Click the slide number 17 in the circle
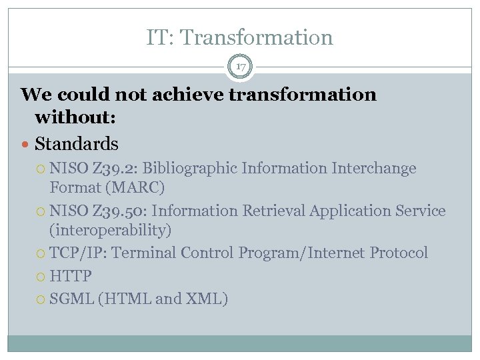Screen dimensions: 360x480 pyautogui.click(x=240, y=66)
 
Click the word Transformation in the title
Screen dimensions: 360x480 pyautogui.click(x=257, y=37)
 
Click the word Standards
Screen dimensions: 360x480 pyautogui.click(x=76, y=143)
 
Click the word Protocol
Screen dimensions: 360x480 pyautogui.click(x=399, y=253)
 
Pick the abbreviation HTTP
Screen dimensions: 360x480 pyautogui.click(x=70, y=276)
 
